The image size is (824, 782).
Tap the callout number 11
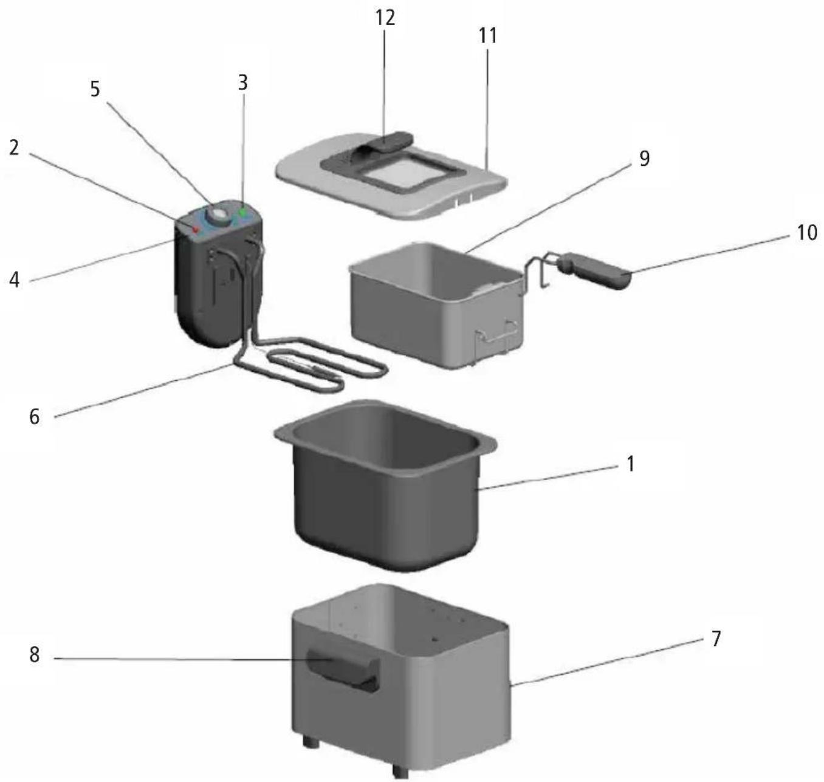487,36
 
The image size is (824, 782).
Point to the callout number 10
806,232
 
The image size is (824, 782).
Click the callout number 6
34,417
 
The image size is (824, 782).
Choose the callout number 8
34,655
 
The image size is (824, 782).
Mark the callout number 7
716,639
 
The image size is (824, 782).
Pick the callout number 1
630,464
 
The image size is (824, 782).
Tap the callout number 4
15,280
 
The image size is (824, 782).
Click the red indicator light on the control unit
196,229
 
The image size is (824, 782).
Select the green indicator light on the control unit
242,213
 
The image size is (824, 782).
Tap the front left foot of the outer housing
310,742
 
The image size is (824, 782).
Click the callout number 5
95,89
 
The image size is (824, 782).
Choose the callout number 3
242,83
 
